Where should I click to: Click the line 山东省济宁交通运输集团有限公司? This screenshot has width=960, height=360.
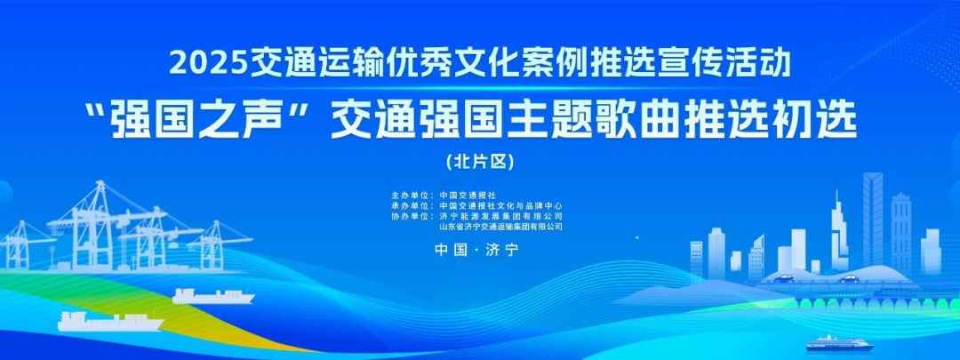500,227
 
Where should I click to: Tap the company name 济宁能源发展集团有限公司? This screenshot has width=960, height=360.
500,216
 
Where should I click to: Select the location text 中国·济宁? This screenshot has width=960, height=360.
477,251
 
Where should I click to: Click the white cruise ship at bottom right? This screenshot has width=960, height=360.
839,343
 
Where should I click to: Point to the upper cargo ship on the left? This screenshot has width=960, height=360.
213,296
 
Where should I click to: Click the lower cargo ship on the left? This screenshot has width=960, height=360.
110,322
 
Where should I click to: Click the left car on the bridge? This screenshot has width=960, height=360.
783,279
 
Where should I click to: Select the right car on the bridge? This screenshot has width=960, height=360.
849,279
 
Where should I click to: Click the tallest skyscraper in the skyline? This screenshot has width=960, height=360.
873,220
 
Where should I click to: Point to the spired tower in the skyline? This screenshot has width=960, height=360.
839,233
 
